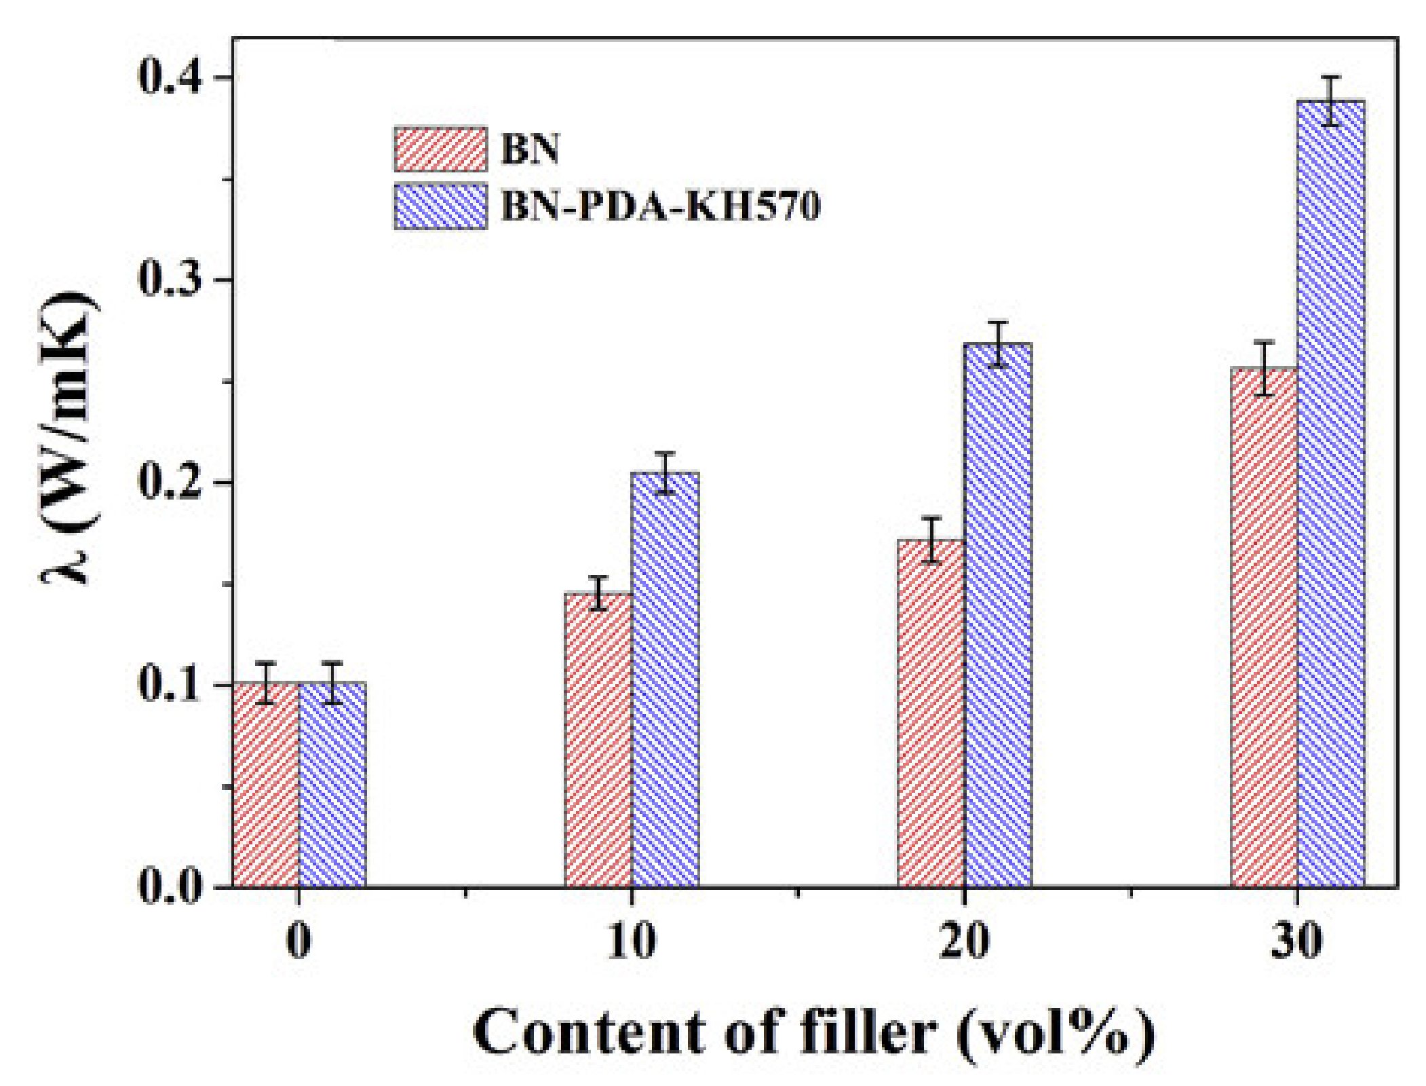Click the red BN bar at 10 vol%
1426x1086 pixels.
[x=598, y=740]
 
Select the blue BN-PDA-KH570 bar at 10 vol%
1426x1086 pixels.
[x=665, y=679]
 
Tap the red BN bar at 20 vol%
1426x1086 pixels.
[x=930, y=713]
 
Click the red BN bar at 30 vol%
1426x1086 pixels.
[x=1263, y=628]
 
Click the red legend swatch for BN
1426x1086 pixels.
[x=440, y=149]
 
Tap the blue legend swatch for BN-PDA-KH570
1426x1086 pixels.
[x=440, y=206]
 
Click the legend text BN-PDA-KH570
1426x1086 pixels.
[x=660, y=205]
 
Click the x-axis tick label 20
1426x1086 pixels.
[x=963, y=941]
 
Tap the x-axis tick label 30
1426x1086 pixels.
[x=1296, y=941]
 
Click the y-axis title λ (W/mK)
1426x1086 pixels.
[x=68, y=438]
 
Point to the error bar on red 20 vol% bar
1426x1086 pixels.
[x=931, y=540]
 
